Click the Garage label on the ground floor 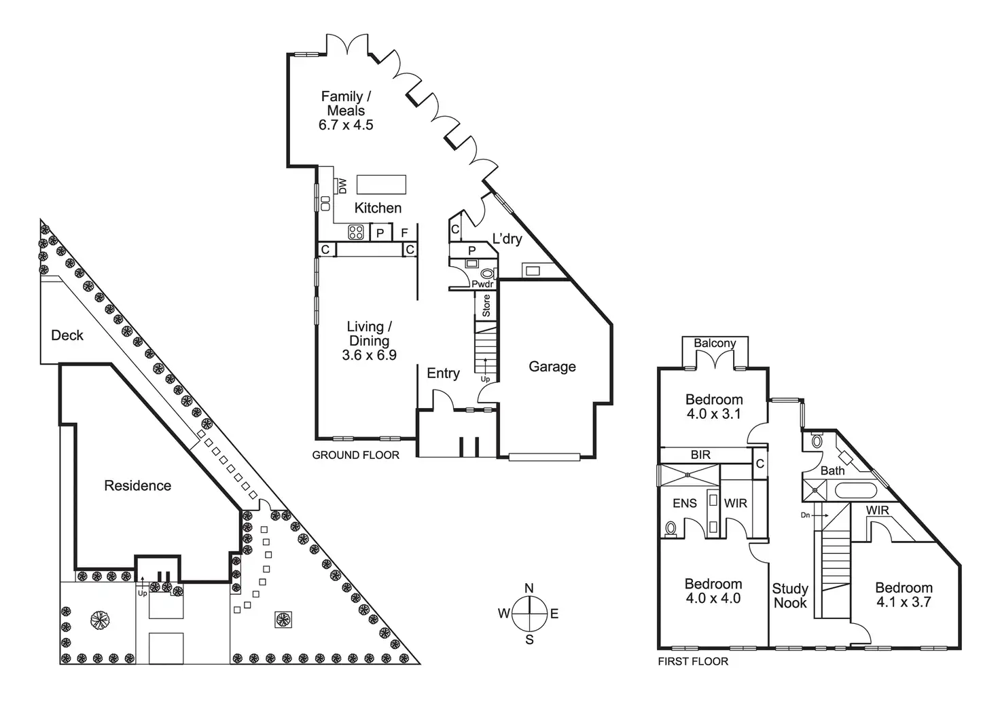(552, 367)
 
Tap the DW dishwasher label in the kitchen (342, 185)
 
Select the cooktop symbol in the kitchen (356, 232)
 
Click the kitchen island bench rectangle (381, 185)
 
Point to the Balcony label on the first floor (715, 343)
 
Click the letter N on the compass (529, 589)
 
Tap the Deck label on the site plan (67, 335)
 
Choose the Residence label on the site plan (137, 485)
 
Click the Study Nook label (790, 595)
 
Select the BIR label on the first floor (700, 455)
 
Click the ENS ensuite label (685, 503)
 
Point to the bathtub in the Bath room (856, 490)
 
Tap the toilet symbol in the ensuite (671, 527)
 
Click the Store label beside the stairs (486, 305)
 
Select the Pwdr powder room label (482, 284)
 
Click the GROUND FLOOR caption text (355, 455)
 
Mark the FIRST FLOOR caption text (692, 661)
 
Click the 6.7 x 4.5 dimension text (346, 125)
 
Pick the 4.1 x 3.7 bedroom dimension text (903, 601)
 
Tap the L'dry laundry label (507, 239)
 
